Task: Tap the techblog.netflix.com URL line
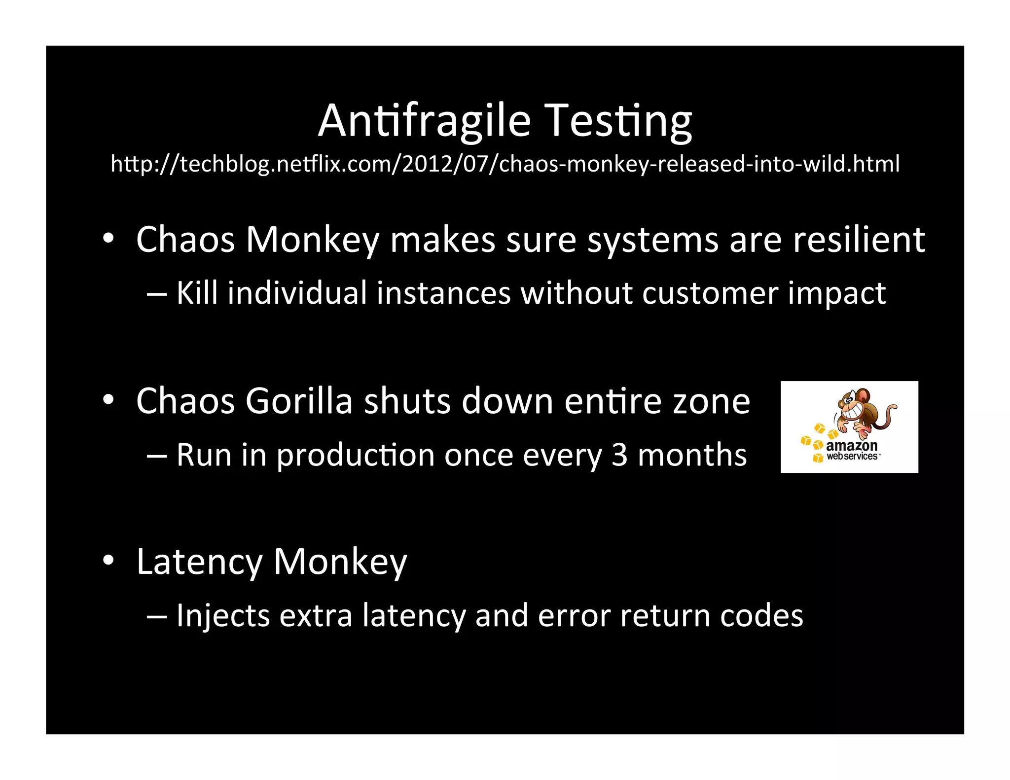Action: (505, 164)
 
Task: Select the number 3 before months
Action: (619, 455)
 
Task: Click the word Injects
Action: (223, 616)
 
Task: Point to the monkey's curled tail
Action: (890, 412)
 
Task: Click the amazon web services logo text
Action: (852, 450)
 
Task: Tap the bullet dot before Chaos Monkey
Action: (108, 239)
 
